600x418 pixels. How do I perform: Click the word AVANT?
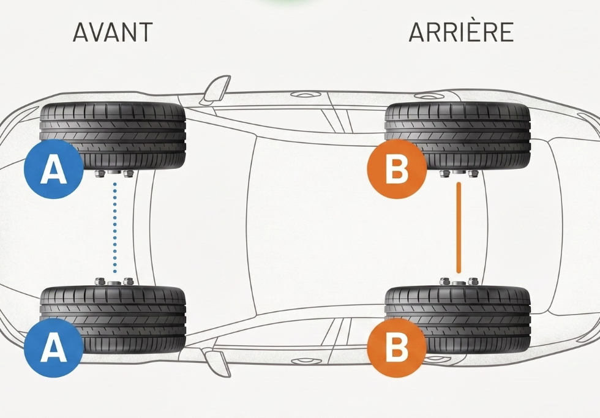pos(113,32)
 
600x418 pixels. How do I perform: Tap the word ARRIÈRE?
pos(460,32)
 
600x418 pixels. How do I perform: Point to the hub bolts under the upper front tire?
pos(114,174)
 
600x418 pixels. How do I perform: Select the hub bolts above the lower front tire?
pos(114,282)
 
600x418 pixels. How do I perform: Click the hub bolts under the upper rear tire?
pos(459,174)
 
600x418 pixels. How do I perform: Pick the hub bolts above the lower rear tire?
pos(459,282)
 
